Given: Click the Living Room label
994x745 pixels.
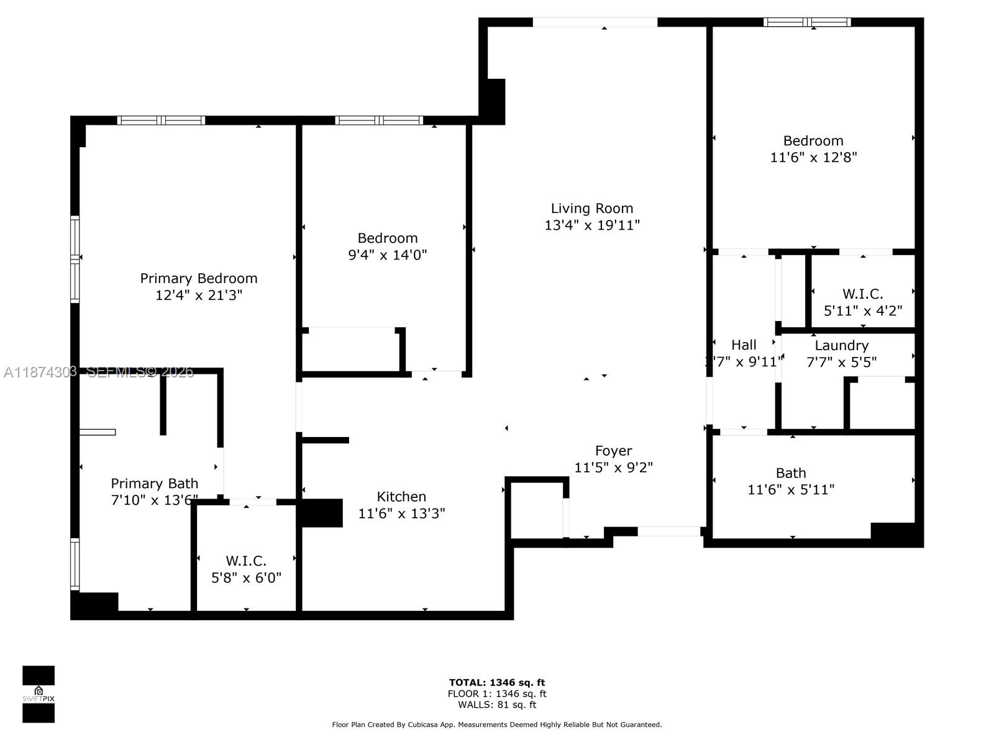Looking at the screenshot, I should coord(591,209).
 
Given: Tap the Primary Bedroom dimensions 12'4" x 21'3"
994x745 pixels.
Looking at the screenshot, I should coord(198,295).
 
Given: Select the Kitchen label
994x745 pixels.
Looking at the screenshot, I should coord(401,497).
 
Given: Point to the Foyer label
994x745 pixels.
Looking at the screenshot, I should coord(613,451).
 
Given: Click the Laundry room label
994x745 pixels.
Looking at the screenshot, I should coord(841,345).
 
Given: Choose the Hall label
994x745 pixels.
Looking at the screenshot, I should coord(744,345).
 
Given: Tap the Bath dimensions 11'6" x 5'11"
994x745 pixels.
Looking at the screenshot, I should coord(790,490).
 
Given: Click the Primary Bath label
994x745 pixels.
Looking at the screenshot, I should coord(154,483).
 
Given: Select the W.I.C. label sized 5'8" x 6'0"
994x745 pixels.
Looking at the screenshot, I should coord(246,561).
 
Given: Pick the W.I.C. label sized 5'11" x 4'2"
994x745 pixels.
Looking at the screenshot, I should coord(862,294).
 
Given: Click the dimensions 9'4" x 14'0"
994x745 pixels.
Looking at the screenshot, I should coord(387,255).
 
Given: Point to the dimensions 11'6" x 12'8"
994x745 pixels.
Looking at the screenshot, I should coord(813,158).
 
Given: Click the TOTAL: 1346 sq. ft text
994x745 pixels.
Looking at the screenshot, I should coord(497,683).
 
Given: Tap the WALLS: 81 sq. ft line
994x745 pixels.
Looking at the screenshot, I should coord(497,705).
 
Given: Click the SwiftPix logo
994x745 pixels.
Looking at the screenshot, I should coord(39,694).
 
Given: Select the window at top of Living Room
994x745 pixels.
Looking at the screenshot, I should coord(595,22).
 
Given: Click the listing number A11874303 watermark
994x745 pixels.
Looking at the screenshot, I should coord(40,372).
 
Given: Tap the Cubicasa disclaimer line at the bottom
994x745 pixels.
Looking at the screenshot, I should coord(497,725).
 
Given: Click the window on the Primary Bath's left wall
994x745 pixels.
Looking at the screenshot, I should coord(75,564).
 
